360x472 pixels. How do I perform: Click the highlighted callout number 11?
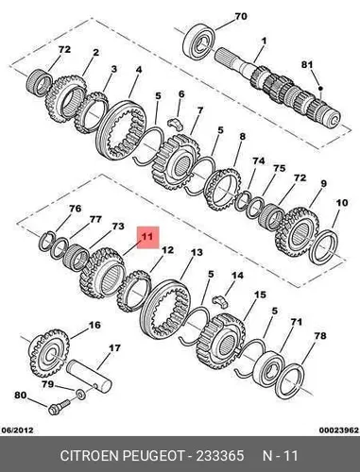tap(147, 236)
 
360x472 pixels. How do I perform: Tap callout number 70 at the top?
tap(241, 16)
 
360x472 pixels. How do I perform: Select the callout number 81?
tap(307, 64)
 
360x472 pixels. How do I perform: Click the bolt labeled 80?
tap(60, 407)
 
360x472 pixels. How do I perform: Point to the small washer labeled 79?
tap(80, 393)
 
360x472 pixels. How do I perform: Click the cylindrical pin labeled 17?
tap(89, 377)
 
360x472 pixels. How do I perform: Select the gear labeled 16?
tap(50, 353)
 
